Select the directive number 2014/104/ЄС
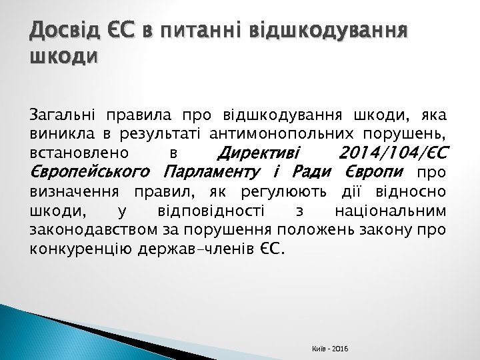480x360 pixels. pyautogui.click(x=390, y=153)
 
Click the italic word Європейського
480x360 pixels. pyautogui.click(x=92, y=173)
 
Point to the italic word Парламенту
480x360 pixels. pyautogui.click(x=213, y=173)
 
